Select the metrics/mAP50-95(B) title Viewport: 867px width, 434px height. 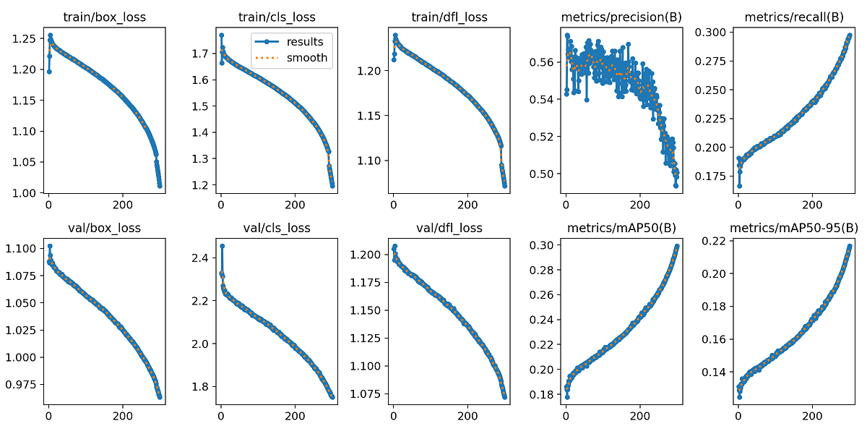[793, 228]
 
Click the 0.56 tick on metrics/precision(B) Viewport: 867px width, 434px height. [543, 62]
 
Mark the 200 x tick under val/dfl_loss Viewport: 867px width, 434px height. [467, 417]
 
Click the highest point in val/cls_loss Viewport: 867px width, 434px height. [222, 246]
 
